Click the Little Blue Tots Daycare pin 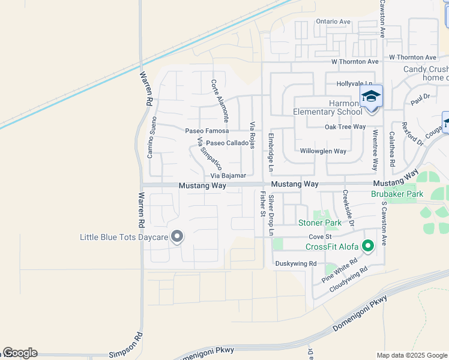(176, 236)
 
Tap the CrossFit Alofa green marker (368, 245)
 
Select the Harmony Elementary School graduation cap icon (371, 97)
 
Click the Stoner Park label (320, 223)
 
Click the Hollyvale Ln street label (354, 84)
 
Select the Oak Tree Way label (345, 127)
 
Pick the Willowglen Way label (323, 151)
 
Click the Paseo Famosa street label (206, 131)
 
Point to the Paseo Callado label (227, 143)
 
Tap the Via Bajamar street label (228, 176)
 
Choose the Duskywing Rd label (295, 263)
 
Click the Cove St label (316, 237)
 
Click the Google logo (20, 353)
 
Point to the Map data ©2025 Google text (411, 355)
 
